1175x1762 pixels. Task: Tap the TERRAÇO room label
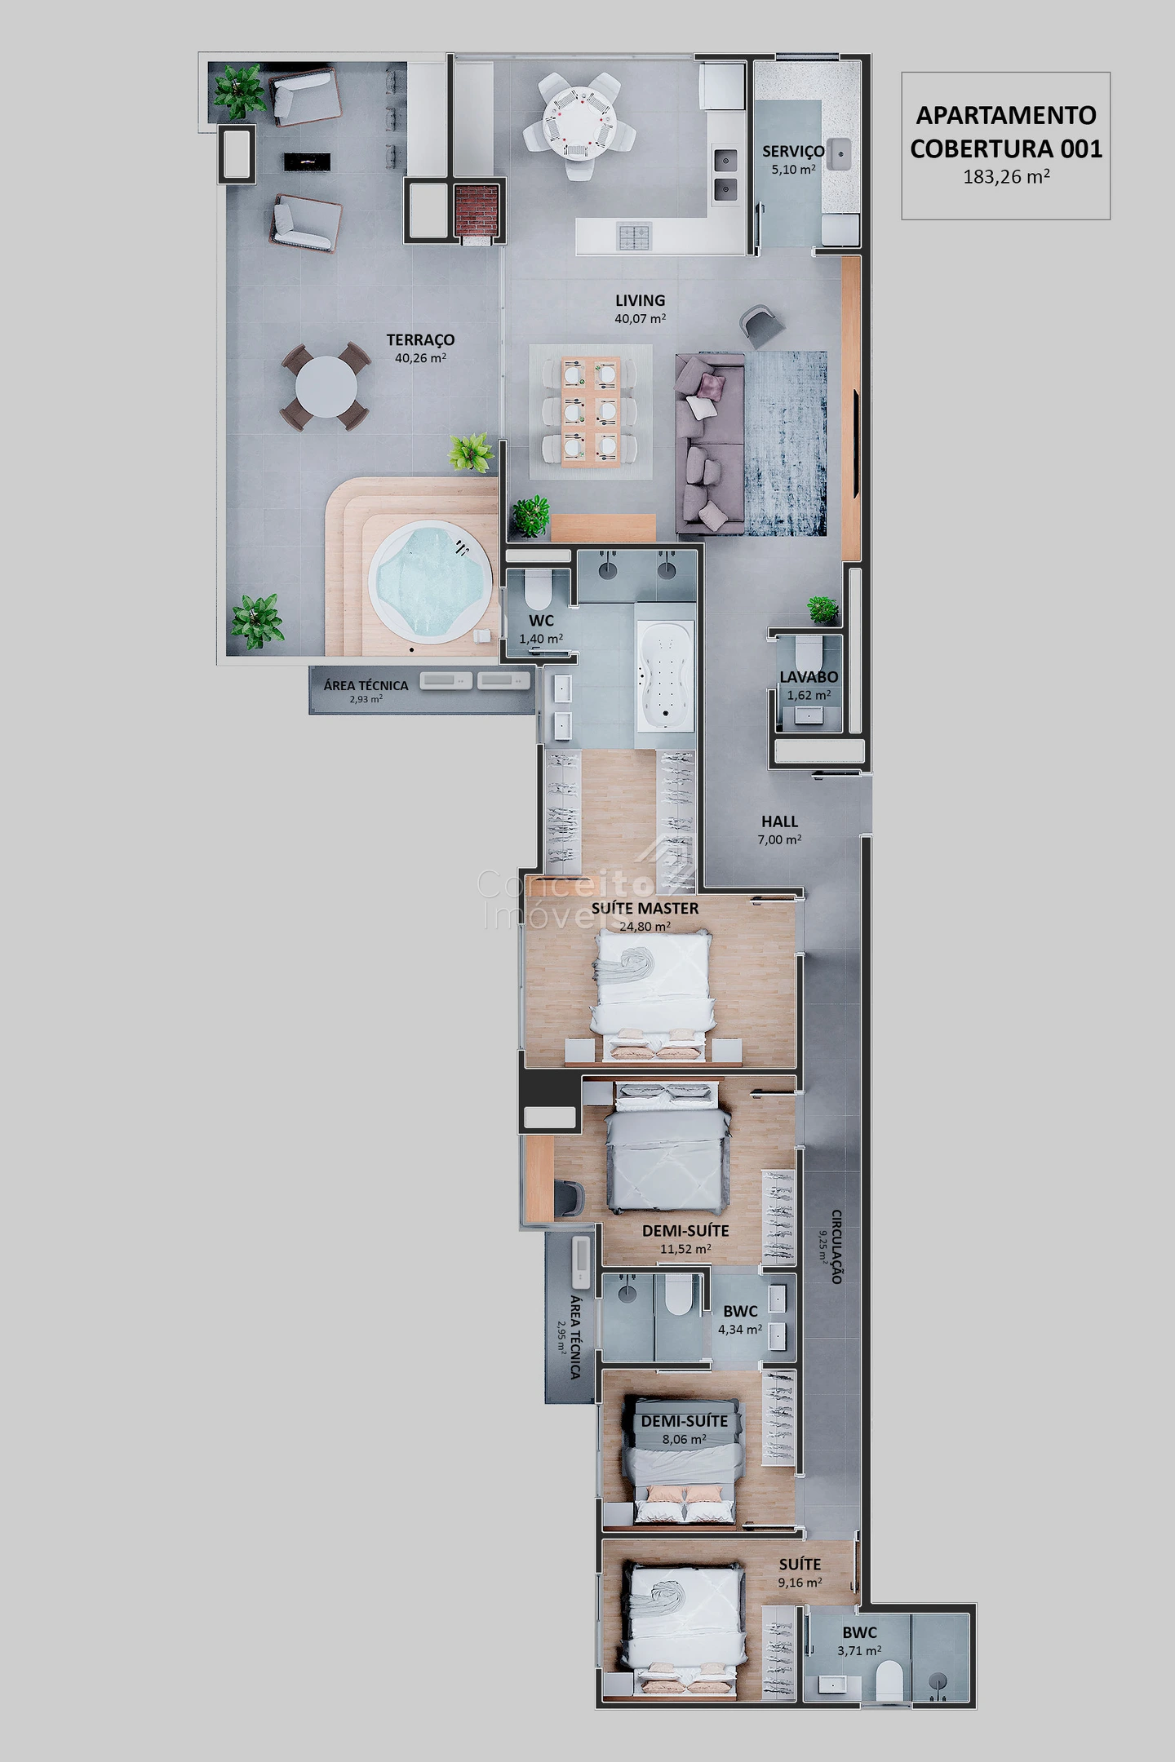(x=420, y=339)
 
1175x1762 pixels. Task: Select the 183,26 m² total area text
(x=1006, y=176)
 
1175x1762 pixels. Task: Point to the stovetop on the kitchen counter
(x=633, y=237)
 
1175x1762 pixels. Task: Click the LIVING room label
(x=640, y=300)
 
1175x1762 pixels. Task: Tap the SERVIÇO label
(x=793, y=151)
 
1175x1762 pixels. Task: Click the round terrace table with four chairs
(x=326, y=387)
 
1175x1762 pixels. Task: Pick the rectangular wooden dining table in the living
(x=590, y=411)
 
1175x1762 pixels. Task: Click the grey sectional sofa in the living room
(x=709, y=444)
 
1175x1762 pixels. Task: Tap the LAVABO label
(x=809, y=677)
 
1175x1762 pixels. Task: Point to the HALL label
(x=779, y=821)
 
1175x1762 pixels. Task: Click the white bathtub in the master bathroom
(x=665, y=674)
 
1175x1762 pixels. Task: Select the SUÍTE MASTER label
(x=645, y=908)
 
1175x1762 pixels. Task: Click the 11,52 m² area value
(x=685, y=1249)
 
